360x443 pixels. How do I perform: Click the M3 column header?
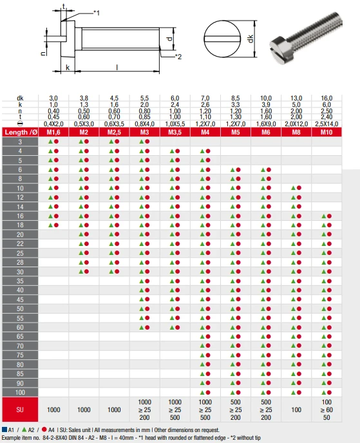tap(144, 132)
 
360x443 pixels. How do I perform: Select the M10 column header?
tap(327, 132)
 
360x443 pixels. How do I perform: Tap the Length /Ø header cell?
tap(20, 132)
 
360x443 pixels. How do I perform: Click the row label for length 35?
tap(20, 281)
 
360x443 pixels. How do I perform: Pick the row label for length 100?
tap(20, 392)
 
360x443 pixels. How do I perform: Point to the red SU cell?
tap(20, 410)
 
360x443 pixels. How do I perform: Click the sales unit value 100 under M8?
tap(296, 410)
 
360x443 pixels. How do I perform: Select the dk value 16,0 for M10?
tap(327, 98)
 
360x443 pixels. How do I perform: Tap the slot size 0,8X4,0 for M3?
tap(145, 124)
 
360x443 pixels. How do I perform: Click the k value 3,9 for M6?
tap(266, 104)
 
